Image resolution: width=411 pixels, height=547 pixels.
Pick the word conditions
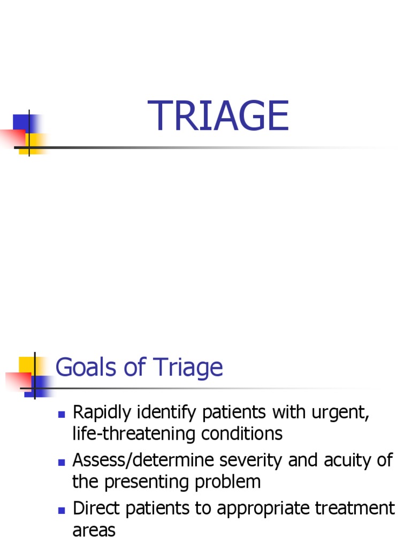[x=242, y=434]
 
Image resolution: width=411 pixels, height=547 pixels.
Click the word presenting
[x=145, y=481]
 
